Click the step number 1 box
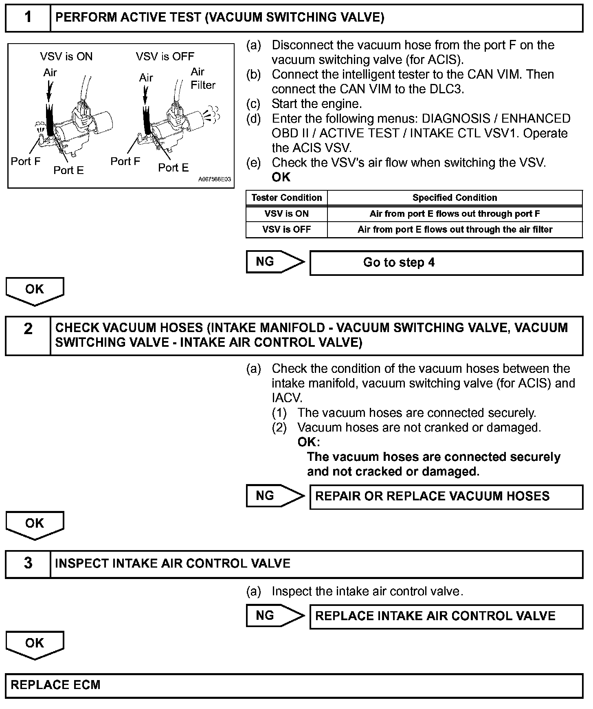(x=28, y=18)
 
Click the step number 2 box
(x=28, y=335)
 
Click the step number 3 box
(x=28, y=564)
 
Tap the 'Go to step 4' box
(x=446, y=263)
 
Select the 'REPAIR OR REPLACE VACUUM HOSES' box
(x=446, y=496)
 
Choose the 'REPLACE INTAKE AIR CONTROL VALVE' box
(x=446, y=616)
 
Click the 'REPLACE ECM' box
(x=294, y=685)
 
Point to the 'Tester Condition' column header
(x=286, y=198)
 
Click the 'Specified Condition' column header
(x=455, y=198)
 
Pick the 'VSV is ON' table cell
(x=286, y=214)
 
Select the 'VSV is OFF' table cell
(x=286, y=230)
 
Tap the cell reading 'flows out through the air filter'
(x=455, y=230)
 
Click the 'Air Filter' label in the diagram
(x=202, y=78)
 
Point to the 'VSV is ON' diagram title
(x=66, y=57)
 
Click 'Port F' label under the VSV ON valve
(x=26, y=161)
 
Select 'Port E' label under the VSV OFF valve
(x=173, y=168)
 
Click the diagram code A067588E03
(x=214, y=179)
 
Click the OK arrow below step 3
(x=35, y=644)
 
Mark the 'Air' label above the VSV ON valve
(x=50, y=73)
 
